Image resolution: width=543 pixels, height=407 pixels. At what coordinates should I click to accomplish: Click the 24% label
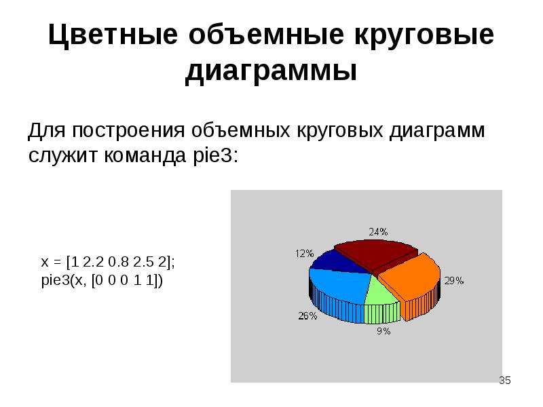(x=379, y=231)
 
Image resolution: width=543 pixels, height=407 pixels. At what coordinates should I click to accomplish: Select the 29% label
(x=453, y=280)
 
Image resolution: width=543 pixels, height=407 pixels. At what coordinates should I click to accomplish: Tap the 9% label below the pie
(x=383, y=331)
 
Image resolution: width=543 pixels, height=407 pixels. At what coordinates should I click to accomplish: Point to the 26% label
(x=307, y=315)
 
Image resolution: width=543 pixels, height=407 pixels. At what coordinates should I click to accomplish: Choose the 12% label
(x=304, y=253)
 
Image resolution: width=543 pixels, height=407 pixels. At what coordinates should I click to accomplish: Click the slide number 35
(x=504, y=381)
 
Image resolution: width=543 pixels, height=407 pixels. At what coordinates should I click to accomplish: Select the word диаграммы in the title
(x=271, y=71)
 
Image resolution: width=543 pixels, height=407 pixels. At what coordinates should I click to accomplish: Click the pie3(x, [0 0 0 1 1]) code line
(x=102, y=280)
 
